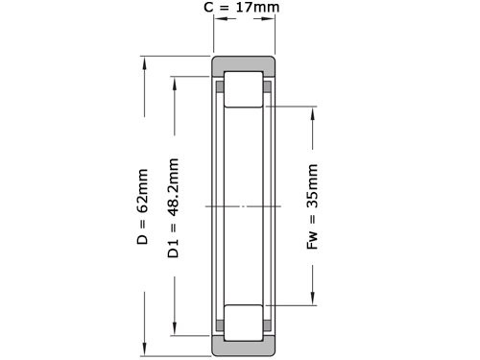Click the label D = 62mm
143,207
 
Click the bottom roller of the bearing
244,322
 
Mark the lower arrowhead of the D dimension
144,349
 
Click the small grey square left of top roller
220,88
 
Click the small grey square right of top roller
268,88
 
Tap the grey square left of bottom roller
220,324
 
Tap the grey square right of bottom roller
268,324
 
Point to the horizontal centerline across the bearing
244,206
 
